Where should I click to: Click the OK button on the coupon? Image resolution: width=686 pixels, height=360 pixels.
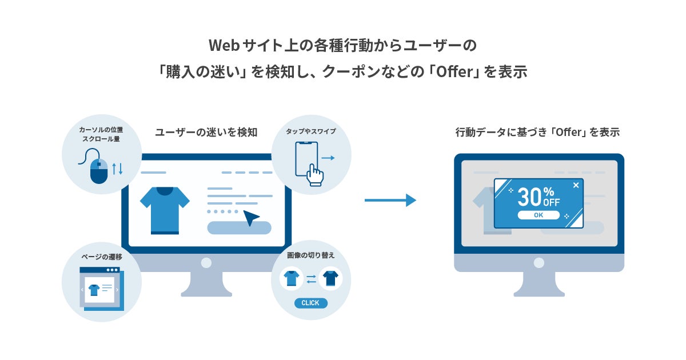[539, 215]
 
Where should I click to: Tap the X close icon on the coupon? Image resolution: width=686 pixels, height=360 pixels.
[576, 185]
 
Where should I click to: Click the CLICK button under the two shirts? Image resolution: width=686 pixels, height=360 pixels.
[310, 303]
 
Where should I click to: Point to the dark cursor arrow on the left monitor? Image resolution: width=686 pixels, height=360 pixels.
[250, 217]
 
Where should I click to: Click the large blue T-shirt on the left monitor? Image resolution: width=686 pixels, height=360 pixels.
[165, 211]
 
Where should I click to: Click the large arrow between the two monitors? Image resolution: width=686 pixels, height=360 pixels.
[390, 200]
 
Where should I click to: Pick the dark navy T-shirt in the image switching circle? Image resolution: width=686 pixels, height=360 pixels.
[331, 278]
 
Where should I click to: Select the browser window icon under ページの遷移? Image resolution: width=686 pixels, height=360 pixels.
[102, 289]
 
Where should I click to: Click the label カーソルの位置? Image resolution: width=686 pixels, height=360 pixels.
[101, 130]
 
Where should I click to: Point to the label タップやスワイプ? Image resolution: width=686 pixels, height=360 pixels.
[311, 131]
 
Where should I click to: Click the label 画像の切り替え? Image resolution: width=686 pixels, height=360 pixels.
[310, 255]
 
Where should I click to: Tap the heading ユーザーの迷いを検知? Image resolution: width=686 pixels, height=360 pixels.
[206, 132]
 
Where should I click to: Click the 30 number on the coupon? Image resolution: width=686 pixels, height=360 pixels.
[530, 197]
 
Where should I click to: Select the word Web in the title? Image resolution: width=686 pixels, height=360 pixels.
[224, 46]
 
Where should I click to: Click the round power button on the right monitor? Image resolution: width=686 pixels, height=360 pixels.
[539, 263]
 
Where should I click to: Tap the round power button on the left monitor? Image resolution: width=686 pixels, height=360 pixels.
[206, 263]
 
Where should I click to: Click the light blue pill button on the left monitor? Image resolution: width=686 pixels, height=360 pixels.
[239, 228]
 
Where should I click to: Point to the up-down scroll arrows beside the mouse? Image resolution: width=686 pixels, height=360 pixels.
[117, 169]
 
